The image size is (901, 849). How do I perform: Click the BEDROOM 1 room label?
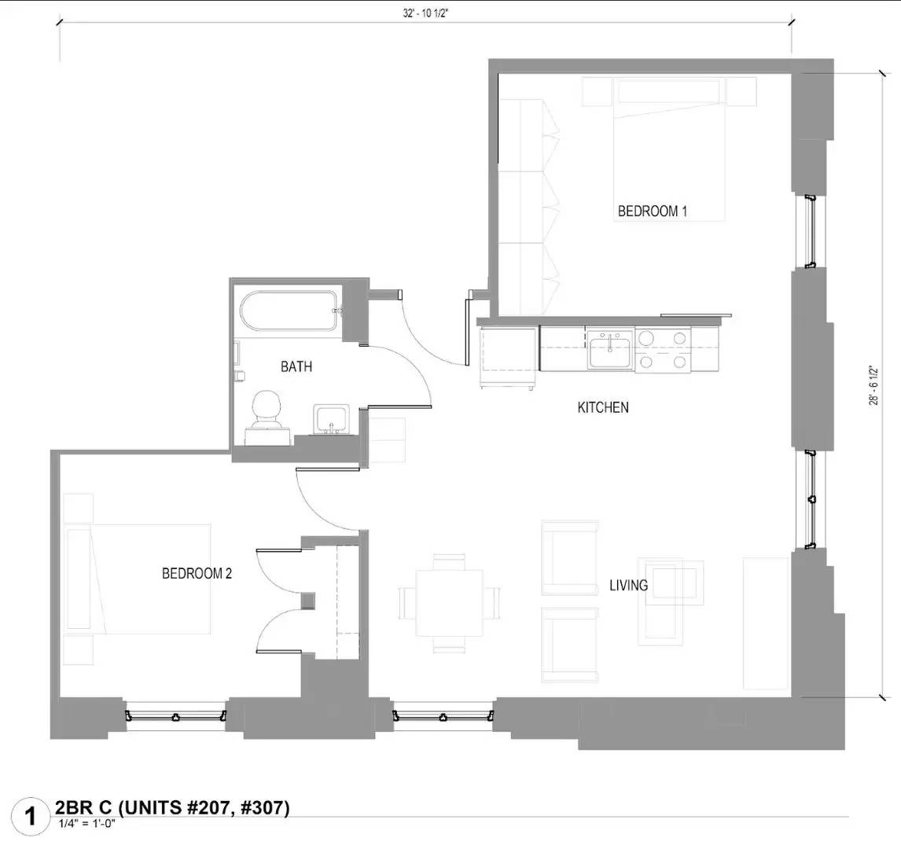653,211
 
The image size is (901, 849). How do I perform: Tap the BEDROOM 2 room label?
197,573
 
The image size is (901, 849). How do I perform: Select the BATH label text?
296,366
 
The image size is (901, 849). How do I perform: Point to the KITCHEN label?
603,407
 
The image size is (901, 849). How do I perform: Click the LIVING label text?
628,585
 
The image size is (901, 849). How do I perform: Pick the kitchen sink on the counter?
610,348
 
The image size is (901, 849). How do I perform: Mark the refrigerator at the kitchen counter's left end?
508,358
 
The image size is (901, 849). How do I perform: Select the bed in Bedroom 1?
668,149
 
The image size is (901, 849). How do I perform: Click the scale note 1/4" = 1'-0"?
93,824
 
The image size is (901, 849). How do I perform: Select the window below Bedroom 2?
176,716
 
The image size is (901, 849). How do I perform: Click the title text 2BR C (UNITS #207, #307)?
172,807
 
